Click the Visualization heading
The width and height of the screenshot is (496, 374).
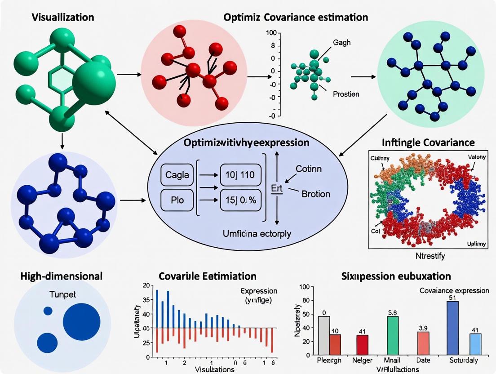click(x=63, y=18)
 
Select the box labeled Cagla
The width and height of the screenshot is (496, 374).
click(x=177, y=174)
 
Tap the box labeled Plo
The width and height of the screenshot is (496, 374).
click(x=177, y=200)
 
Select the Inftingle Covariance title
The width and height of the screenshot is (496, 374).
click(x=428, y=142)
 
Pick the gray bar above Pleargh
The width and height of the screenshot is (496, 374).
click(x=323, y=335)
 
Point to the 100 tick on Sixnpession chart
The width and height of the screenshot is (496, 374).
click(x=304, y=287)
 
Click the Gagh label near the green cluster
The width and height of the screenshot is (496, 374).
click(x=342, y=43)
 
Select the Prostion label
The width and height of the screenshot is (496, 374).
click(x=346, y=94)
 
